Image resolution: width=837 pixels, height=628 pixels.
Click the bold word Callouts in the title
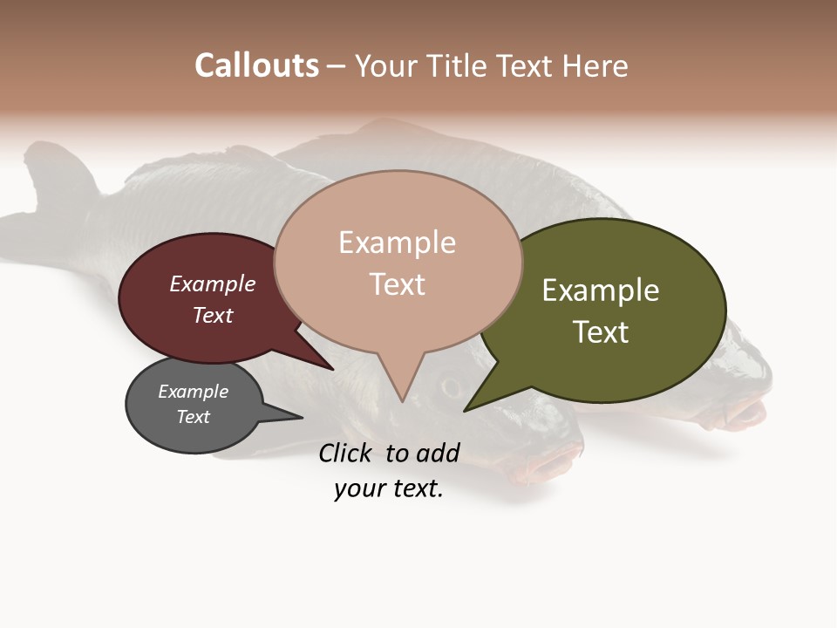click(256, 66)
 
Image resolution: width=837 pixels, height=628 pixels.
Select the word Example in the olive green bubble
click(600, 290)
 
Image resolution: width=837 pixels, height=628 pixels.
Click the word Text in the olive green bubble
click(600, 332)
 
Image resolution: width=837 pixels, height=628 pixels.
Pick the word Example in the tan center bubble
click(397, 242)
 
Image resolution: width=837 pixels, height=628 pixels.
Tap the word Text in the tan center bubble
click(397, 284)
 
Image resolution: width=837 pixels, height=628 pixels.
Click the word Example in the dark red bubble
click(212, 284)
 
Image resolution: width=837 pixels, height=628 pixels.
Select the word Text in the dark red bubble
click(212, 315)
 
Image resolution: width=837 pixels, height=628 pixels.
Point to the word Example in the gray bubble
click(193, 392)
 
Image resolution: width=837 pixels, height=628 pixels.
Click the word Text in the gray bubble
click(193, 417)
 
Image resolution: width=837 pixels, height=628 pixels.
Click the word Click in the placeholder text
click(348, 453)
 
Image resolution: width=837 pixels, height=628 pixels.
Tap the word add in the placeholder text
click(438, 453)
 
